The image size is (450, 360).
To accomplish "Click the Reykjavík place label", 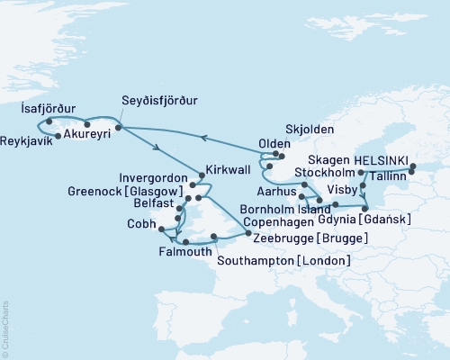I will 26,142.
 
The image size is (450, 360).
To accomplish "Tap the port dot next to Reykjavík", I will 58,136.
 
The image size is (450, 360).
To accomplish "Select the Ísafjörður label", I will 41,107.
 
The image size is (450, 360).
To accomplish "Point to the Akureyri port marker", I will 86,124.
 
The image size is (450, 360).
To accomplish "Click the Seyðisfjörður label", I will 159,100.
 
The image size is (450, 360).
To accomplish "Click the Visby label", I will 340,190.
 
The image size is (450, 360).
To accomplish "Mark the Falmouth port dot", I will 184,243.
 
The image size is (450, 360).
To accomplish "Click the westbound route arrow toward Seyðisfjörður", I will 204,138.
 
